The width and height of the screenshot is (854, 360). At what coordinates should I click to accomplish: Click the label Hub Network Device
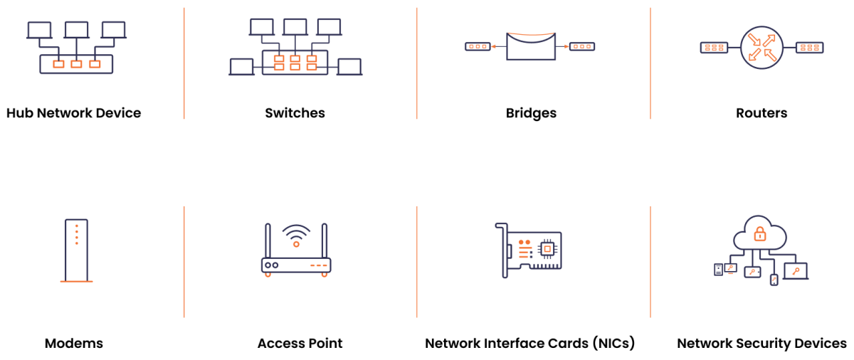point(74,113)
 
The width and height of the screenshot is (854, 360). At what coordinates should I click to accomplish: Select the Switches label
point(295,113)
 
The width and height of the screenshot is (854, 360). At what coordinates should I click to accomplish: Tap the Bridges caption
point(531,113)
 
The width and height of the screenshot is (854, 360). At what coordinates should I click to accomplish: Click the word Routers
point(761,113)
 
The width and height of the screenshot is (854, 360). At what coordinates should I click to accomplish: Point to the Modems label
point(74,344)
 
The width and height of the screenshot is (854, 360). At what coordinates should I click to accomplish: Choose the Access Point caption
point(300,344)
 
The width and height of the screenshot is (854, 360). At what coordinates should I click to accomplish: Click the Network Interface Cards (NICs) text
point(529,344)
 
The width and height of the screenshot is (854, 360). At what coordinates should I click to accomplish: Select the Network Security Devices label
point(761,344)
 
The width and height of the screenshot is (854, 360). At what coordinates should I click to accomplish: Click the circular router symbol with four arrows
point(761,47)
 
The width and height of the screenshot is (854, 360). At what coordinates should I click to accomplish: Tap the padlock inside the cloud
point(760,233)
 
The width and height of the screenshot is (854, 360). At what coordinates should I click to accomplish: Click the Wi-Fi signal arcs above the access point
point(296,234)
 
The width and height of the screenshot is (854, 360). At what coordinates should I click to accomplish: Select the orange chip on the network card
point(547,248)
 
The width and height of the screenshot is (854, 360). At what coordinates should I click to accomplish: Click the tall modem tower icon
point(76,250)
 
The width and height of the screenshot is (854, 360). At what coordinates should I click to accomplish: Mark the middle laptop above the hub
point(76,30)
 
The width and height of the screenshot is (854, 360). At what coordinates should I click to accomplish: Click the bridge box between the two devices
point(530,47)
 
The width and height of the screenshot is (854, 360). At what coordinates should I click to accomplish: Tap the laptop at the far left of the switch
point(241,67)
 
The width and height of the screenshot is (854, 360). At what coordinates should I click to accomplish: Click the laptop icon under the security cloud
point(795,271)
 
